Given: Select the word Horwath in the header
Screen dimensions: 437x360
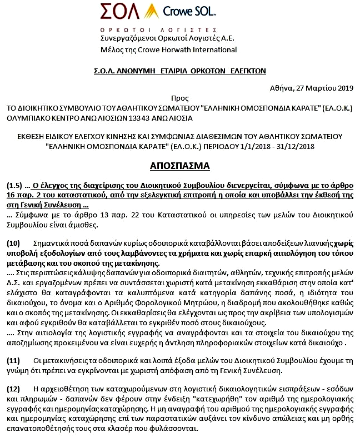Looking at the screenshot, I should tap(168, 50).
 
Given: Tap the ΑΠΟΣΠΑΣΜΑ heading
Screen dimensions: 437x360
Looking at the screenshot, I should tap(179, 165).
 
